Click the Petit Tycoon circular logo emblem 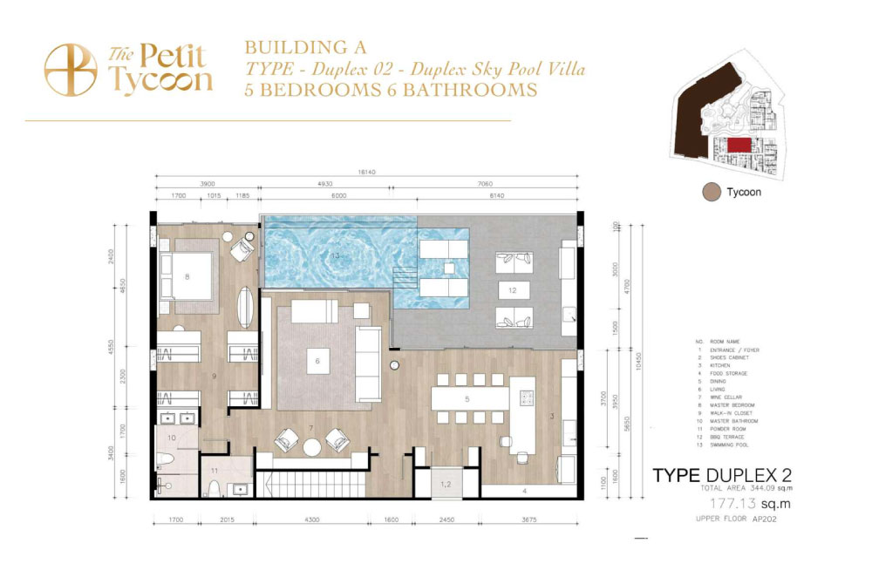point(70,69)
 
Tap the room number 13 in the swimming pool point(335,255)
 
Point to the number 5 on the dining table point(467,399)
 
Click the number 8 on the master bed point(187,277)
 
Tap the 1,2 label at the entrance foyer point(445,483)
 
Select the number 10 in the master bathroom point(172,438)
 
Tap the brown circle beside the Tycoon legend point(711,193)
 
